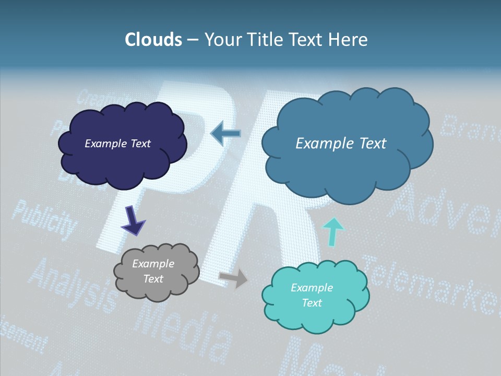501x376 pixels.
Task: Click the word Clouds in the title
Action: click(x=153, y=40)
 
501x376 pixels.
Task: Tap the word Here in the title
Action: click(x=349, y=40)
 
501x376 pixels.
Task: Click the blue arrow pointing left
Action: click(x=225, y=134)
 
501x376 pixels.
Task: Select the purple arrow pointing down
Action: click(x=133, y=220)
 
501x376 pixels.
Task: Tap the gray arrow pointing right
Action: click(x=233, y=278)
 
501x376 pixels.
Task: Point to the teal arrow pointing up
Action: click(x=334, y=232)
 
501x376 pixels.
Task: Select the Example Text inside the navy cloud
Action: click(x=117, y=144)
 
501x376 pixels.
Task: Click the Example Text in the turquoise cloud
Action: click(x=312, y=295)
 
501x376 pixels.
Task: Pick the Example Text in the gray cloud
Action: click(x=153, y=271)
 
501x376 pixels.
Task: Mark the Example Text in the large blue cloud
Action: click(x=341, y=144)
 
